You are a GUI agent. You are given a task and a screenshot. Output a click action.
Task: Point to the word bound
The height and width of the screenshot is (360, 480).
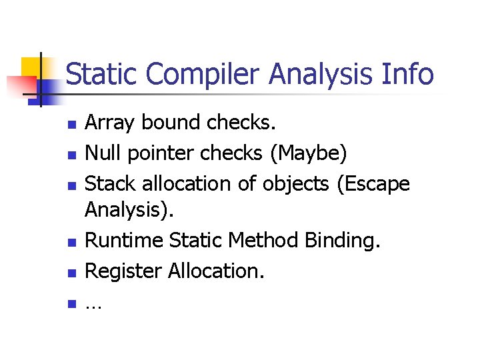pyautogui.click(x=171, y=123)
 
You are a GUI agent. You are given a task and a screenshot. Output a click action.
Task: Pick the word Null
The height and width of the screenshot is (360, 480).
pyautogui.click(x=103, y=153)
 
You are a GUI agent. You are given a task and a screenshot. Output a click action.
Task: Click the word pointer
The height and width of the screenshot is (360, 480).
pyautogui.click(x=160, y=153)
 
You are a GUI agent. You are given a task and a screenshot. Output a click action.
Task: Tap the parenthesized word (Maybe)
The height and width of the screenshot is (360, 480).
pyautogui.click(x=309, y=153)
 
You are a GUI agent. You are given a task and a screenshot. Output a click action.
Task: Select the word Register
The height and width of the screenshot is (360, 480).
pyautogui.click(x=123, y=271)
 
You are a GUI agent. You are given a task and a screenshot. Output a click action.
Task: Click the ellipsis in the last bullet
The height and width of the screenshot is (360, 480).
pyautogui.click(x=93, y=305)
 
